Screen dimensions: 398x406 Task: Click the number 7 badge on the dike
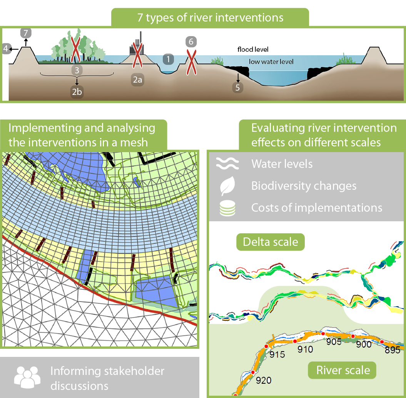click(x=26, y=33)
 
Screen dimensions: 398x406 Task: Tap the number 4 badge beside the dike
click(x=5, y=49)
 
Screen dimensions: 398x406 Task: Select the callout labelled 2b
click(x=77, y=92)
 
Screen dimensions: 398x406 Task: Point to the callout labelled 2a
click(x=137, y=80)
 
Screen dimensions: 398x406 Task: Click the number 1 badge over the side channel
click(x=168, y=59)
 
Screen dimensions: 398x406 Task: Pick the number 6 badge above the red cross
click(x=190, y=41)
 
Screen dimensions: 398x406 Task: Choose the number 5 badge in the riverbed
click(x=237, y=87)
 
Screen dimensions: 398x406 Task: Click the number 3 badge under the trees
click(x=77, y=70)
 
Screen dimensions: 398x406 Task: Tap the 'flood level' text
click(x=253, y=50)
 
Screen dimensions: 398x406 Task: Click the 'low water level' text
click(x=271, y=61)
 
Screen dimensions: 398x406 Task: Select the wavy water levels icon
click(x=227, y=164)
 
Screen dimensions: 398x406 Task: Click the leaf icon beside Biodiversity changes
click(x=227, y=186)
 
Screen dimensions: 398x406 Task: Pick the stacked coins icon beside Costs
click(x=227, y=208)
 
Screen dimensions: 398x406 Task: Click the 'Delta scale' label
click(x=271, y=242)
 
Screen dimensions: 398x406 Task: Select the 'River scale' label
click(x=343, y=370)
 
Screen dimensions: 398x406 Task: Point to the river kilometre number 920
click(x=263, y=380)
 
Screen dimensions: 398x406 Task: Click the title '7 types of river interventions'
click(x=210, y=18)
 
